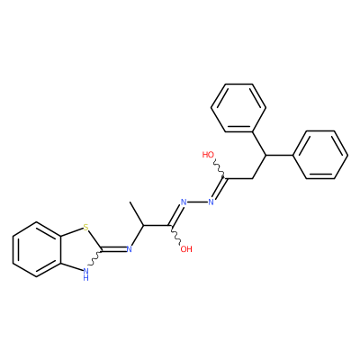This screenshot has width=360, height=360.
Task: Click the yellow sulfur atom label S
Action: (x=86, y=228)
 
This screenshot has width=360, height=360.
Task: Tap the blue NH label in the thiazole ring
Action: (x=86, y=274)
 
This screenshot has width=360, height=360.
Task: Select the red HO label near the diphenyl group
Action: (x=208, y=155)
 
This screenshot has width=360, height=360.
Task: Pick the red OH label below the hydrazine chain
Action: (x=186, y=249)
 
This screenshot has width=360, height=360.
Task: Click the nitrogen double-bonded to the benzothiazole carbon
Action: (x=130, y=249)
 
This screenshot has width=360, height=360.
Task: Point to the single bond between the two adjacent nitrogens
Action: (x=197, y=202)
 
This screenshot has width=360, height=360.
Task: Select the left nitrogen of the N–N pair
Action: (x=184, y=202)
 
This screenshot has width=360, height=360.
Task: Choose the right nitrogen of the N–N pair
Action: (x=211, y=202)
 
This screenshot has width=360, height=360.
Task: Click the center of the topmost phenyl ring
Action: (x=238, y=108)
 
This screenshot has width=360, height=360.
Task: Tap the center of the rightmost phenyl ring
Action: (x=320, y=155)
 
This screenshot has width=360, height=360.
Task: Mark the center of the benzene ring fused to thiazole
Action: (x=37, y=249)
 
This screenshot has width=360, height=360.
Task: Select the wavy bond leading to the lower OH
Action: (x=175, y=235)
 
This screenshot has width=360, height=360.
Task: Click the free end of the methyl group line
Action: (x=130, y=202)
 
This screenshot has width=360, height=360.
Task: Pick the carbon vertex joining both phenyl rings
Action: (x=265, y=155)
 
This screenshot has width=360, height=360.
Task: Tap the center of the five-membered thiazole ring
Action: (x=78, y=249)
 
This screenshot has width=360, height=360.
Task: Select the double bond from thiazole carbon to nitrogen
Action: (x=114, y=249)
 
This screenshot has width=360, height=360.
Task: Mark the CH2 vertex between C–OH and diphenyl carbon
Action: (x=252, y=179)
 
